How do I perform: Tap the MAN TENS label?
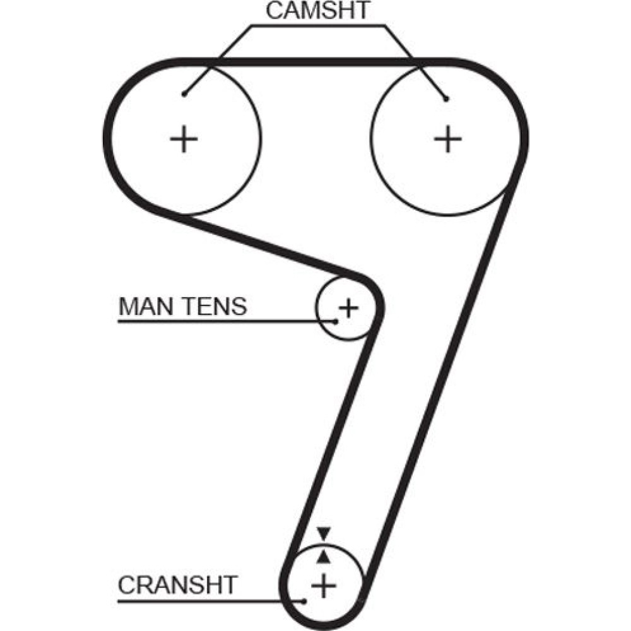[x=182, y=307]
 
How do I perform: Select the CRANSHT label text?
[x=177, y=585]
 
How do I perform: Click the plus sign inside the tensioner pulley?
[x=348, y=308]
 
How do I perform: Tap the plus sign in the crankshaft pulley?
[x=324, y=586]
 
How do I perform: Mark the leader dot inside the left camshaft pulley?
[x=183, y=95]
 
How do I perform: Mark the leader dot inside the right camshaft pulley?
[x=445, y=99]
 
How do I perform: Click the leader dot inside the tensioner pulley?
[x=336, y=322]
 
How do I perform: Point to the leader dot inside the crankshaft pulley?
[x=305, y=601]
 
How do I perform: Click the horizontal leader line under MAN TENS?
[x=221, y=322]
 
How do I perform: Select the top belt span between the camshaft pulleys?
[x=315, y=61]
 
